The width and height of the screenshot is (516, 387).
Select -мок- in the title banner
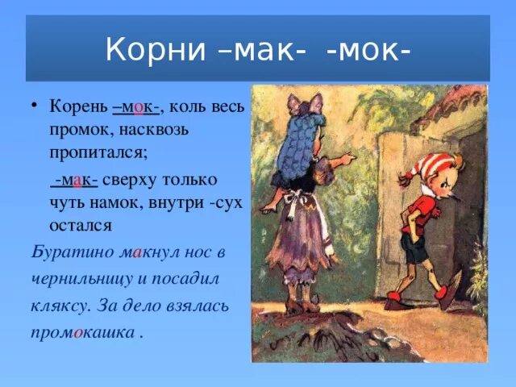pyautogui.click(x=369, y=50)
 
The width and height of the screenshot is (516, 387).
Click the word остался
pyautogui.click(x=81, y=223)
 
